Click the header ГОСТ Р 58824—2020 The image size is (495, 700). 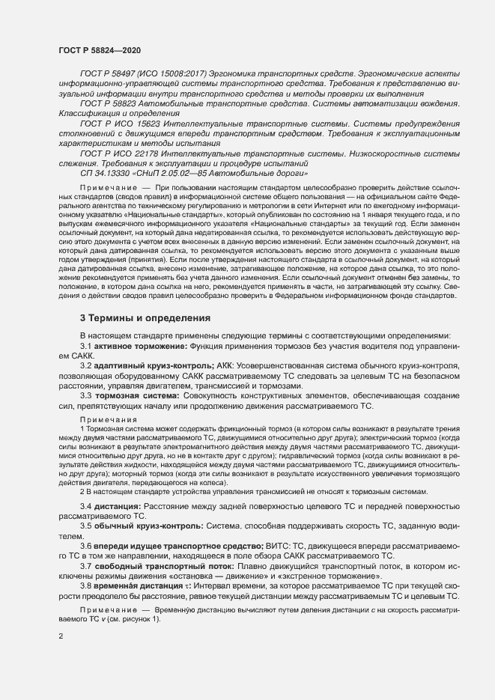pyautogui.click(x=99, y=49)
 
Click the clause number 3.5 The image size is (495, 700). pyautogui.click(x=86, y=526)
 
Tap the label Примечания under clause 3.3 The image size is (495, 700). pyautogui.click(x=104, y=420)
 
